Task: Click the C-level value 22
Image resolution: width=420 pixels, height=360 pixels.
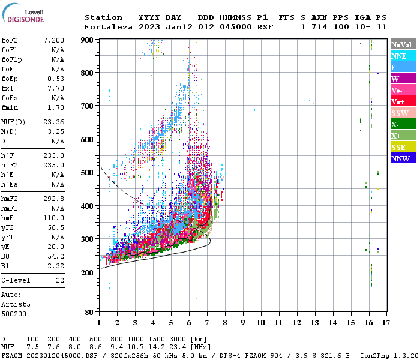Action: pos(60,280)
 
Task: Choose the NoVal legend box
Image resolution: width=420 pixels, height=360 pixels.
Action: pos(403,44)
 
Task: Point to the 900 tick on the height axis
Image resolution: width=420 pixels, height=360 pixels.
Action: pos(88,40)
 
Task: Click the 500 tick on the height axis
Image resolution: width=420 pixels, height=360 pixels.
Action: pos(88,173)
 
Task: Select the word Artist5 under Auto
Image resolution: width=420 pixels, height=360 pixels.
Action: pos(16,304)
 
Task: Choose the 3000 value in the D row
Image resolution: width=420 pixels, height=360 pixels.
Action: pos(178,340)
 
